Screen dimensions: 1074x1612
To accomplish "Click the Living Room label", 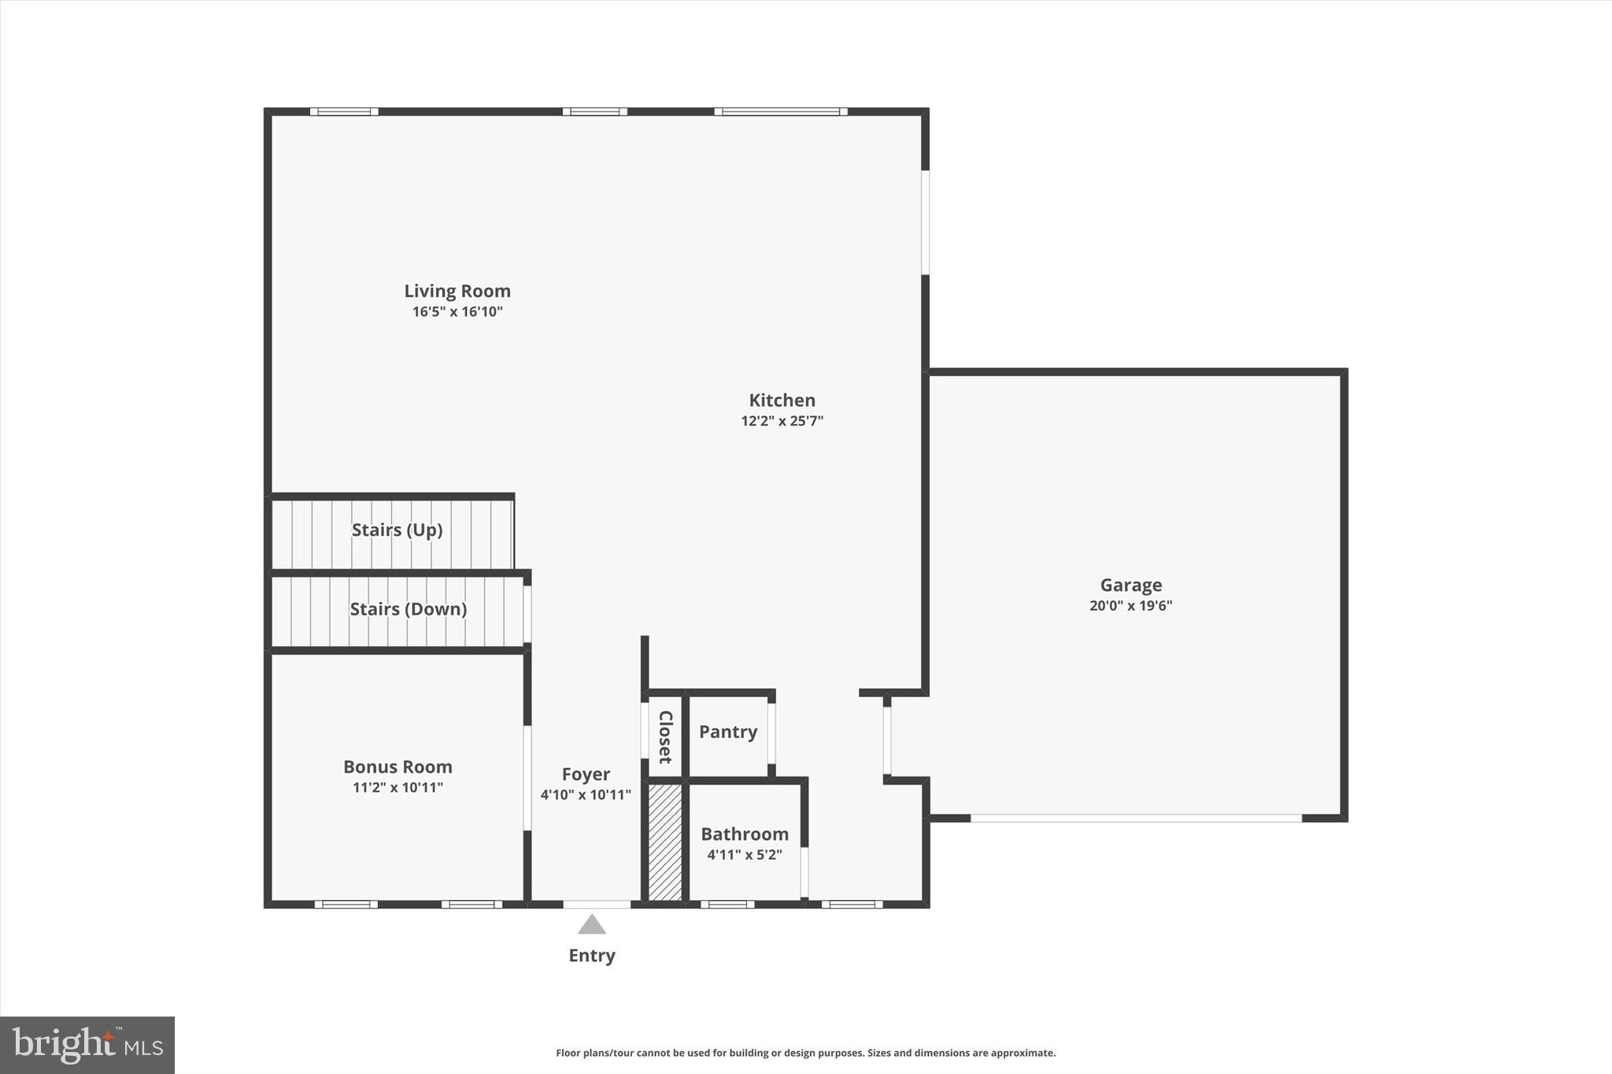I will pyautogui.click(x=457, y=291).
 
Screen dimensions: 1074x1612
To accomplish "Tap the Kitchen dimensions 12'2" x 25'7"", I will pyautogui.click(x=782, y=421).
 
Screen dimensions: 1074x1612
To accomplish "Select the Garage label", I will pyautogui.click(x=1130, y=585).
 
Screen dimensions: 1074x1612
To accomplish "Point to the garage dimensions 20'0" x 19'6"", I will pyautogui.click(x=1130, y=606).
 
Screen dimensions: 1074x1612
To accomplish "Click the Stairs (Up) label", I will pyautogui.click(x=397, y=530).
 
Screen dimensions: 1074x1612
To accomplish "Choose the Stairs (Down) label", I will pyautogui.click(x=408, y=609).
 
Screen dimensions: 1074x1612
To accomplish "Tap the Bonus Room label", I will pyautogui.click(x=397, y=767).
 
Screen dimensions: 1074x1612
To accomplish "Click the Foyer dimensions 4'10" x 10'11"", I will pyautogui.click(x=586, y=795).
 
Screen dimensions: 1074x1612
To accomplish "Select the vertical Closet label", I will pyautogui.click(x=665, y=737).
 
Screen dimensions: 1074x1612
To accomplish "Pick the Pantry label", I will pyautogui.click(x=728, y=733).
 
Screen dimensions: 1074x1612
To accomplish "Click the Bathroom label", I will pyautogui.click(x=745, y=834).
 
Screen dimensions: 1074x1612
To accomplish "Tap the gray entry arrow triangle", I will pyautogui.click(x=592, y=925).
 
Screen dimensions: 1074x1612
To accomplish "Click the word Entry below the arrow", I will pyautogui.click(x=592, y=956).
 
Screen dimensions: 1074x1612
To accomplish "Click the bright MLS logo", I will pyautogui.click(x=87, y=1045).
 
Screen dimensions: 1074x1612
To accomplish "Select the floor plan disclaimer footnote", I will pyautogui.click(x=805, y=1053).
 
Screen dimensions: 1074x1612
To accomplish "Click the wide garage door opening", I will pyautogui.click(x=1136, y=819).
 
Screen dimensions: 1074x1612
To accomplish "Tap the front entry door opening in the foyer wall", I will pyautogui.click(x=597, y=905).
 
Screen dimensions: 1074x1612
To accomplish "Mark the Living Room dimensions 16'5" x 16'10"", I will pyautogui.click(x=457, y=312).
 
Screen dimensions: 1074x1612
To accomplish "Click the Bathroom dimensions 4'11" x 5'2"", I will pyautogui.click(x=745, y=854).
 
